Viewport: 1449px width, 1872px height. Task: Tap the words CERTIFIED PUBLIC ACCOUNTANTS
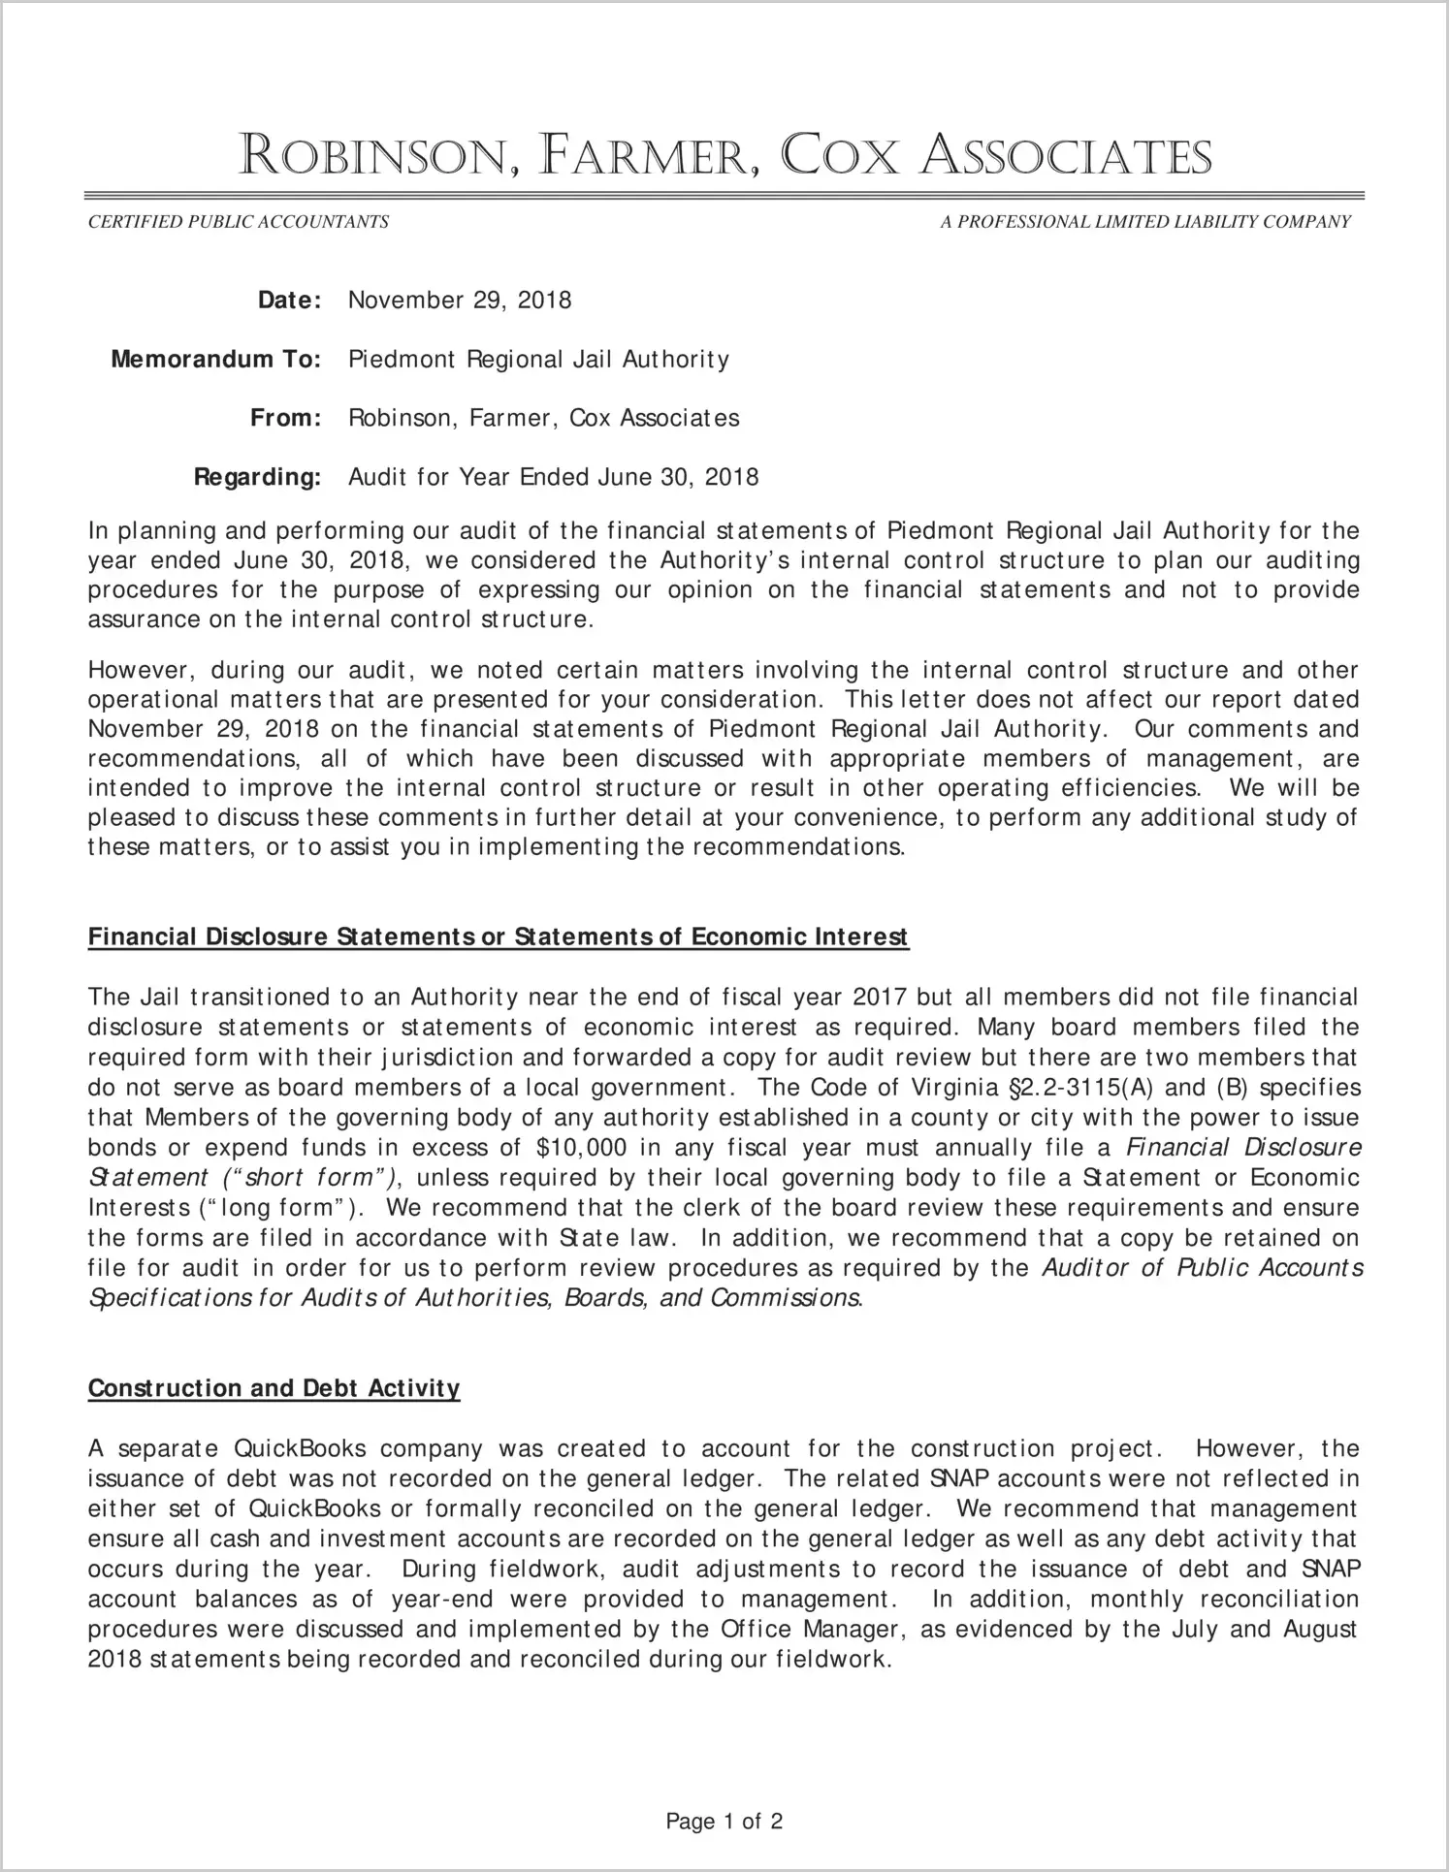pos(239,222)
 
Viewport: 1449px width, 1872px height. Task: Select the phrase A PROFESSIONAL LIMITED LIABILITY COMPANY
pos(1145,222)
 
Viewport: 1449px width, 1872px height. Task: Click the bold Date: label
pos(289,301)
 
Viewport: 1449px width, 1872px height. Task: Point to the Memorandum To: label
pos(215,360)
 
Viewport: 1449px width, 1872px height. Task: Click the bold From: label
pos(285,419)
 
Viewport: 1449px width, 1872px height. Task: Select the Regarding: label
pos(257,477)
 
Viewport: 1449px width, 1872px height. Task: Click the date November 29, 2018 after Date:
pos(460,301)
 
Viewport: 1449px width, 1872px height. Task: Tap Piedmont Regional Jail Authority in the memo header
pos(538,360)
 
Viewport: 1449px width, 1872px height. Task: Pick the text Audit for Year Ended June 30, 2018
pos(553,477)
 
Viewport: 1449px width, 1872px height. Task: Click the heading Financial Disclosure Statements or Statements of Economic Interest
pos(498,936)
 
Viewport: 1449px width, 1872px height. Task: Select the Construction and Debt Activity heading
pos(274,1388)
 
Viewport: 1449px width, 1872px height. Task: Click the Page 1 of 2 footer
pos(724,1822)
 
